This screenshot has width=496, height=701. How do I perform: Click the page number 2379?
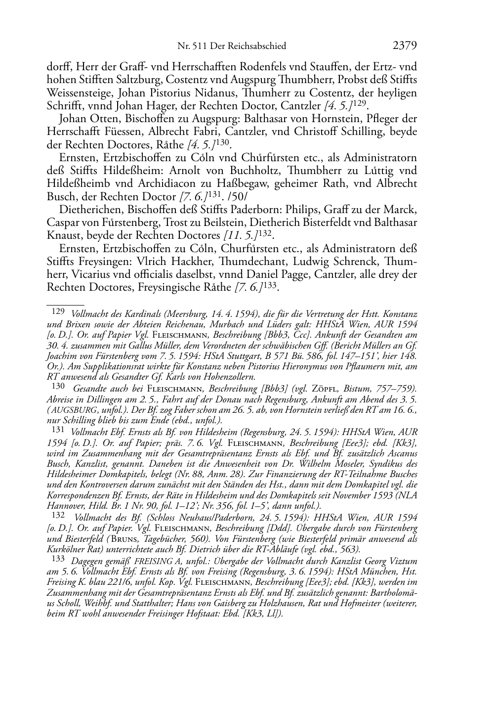point(405,46)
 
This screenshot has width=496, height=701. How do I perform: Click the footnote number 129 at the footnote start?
point(58,312)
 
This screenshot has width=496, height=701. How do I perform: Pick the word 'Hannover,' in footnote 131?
point(63,505)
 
